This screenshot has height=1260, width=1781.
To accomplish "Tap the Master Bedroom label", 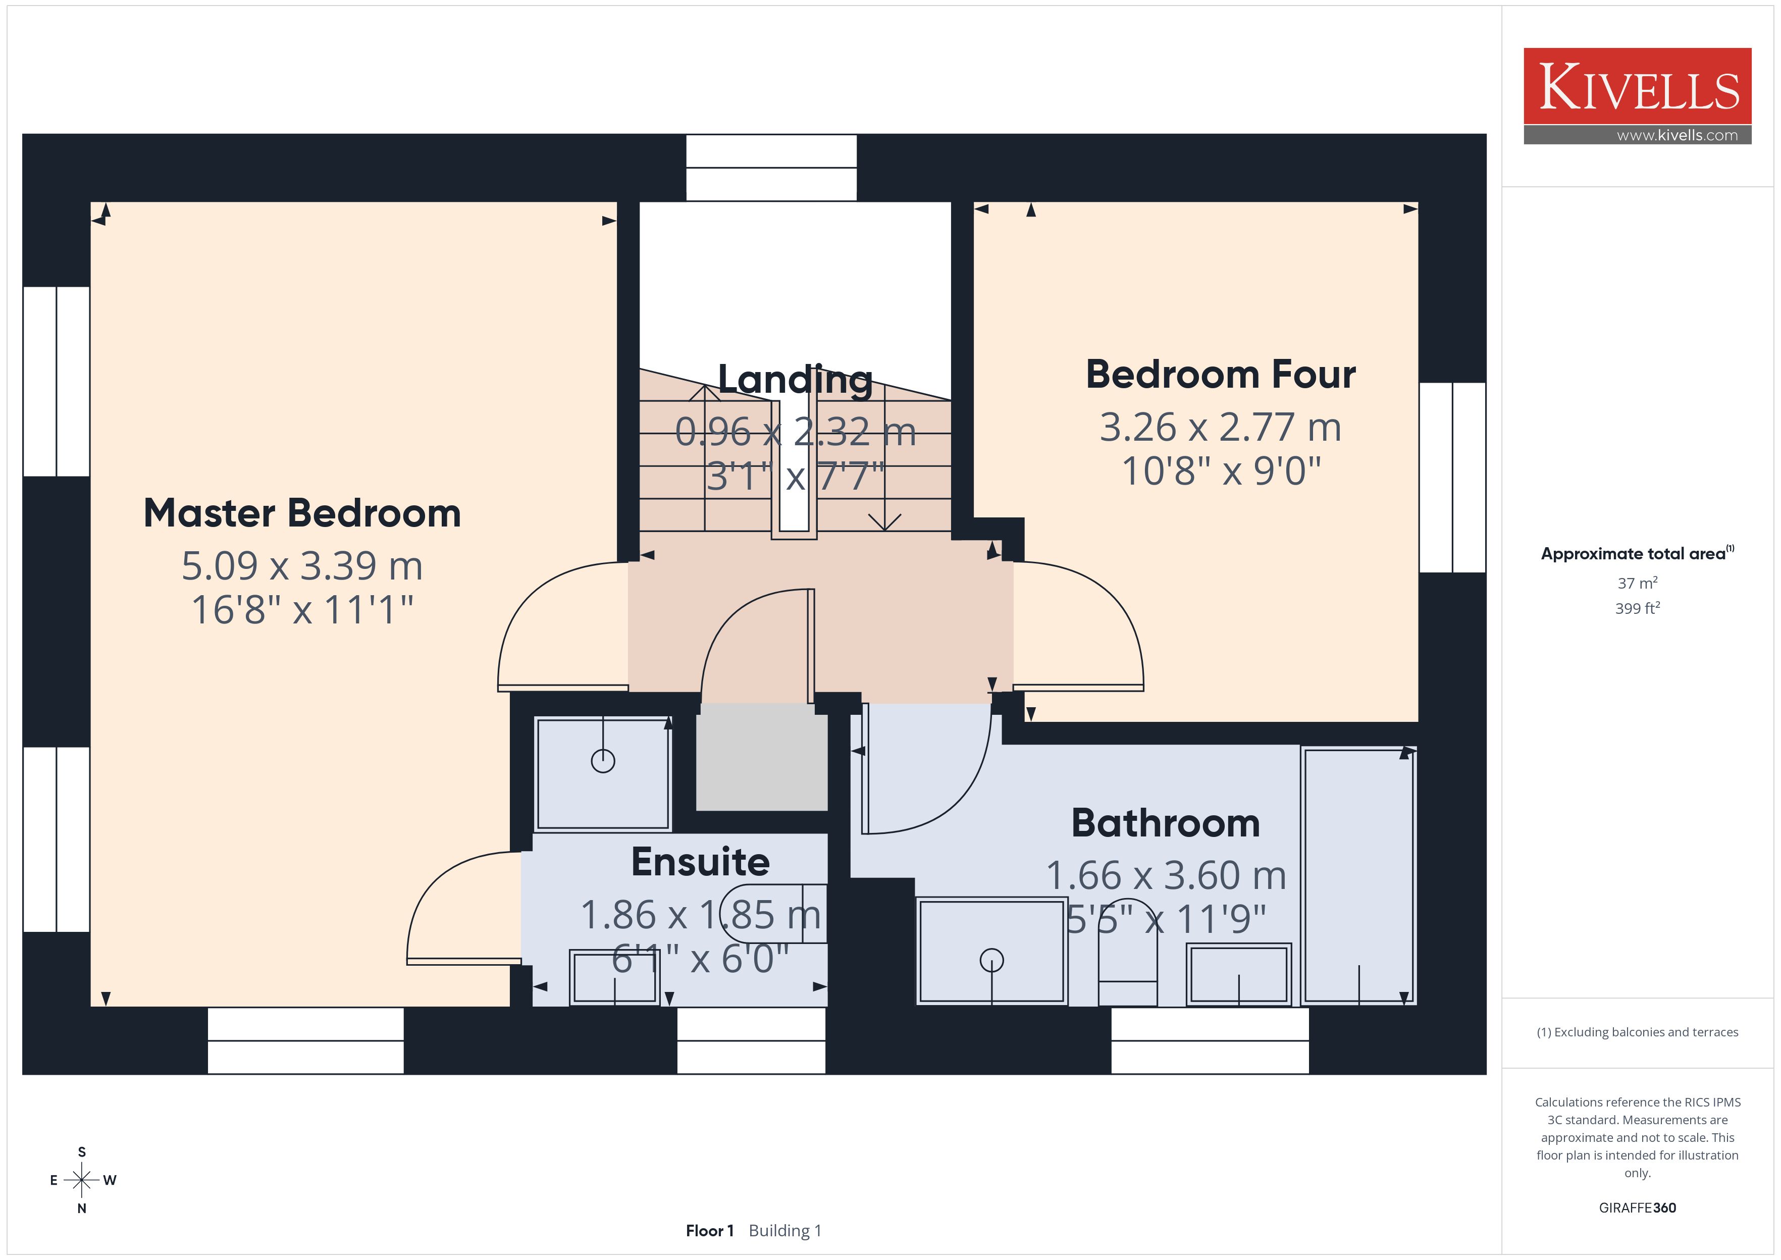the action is coord(302,513).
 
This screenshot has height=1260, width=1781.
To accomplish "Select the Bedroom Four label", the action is coord(1221,375).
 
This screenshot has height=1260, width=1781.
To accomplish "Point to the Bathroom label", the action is coord(1166,823).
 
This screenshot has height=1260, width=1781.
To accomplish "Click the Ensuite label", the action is coord(701,862).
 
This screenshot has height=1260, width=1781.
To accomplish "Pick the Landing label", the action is coord(795,380).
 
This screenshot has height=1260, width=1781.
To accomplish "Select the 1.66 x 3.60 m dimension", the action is coord(1166,876).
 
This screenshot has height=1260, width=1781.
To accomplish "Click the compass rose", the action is coord(81,1180).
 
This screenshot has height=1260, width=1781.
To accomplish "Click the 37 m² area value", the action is coord(1638,583).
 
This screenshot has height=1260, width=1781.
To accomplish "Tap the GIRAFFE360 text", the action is coord(1638,1208).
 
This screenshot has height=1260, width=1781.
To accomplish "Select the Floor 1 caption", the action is coord(709,1231).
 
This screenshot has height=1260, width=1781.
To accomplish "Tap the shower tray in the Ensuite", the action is coord(603,773).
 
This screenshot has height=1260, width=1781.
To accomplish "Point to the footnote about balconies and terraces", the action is coord(1638,1032).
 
